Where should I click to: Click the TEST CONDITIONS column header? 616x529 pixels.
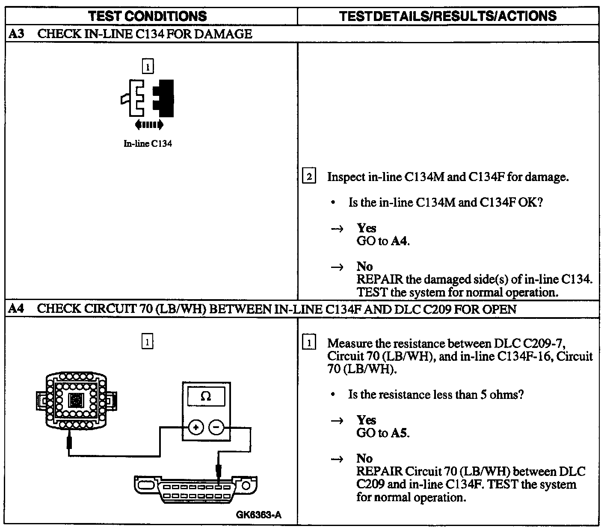[x=148, y=16]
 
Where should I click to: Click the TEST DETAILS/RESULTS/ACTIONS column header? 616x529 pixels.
[x=447, y=16]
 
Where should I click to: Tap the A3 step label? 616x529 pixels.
[x=16, y=34]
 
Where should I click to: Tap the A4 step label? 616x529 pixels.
[x=16, y=309]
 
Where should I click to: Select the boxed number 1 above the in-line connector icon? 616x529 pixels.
[x=148, y=67]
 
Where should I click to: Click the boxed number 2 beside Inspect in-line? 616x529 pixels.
[x=309, y=177]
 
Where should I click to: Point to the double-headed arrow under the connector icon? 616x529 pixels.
[x=149, y=125]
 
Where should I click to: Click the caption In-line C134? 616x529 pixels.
[x=148, y=144]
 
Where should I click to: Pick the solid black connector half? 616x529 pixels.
[x=166, y=98]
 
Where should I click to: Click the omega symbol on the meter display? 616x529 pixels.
[x=206, y=397]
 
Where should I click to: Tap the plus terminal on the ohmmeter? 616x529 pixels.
[x=196, y=427]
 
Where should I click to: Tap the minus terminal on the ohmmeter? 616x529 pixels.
[x=216, y=427]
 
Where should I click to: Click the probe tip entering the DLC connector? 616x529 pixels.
[x=219, y=473]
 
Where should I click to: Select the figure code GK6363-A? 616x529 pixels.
[x=259, y=515]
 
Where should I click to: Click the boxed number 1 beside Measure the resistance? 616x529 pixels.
[x=309, y=343]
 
